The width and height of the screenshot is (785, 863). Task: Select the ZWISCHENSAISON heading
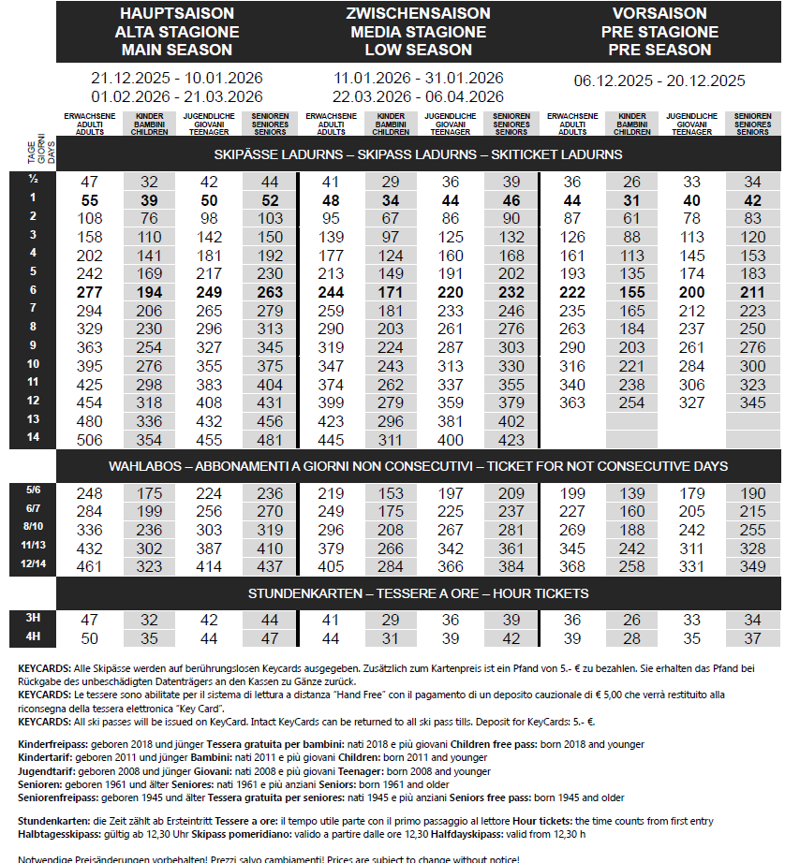[x=418, y=14]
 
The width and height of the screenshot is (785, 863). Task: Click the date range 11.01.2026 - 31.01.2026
[x=418, y=78]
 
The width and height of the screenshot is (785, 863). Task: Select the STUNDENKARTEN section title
[x=418, y=593]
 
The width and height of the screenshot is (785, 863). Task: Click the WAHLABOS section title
[x=418, y=466]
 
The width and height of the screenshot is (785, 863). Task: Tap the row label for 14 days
[x=33, y=437]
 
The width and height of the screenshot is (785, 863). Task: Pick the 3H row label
[x=33, y=618]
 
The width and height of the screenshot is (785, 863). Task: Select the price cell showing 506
[x=90, y=440]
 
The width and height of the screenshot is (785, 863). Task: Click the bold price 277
[x=90, y=292]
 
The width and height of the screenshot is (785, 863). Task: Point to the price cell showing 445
[x=332, y=440]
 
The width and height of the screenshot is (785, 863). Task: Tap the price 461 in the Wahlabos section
[x=90, y=566]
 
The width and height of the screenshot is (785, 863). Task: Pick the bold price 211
[x=752, y=292]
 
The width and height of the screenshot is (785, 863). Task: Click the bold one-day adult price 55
[x=90, y=200]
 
